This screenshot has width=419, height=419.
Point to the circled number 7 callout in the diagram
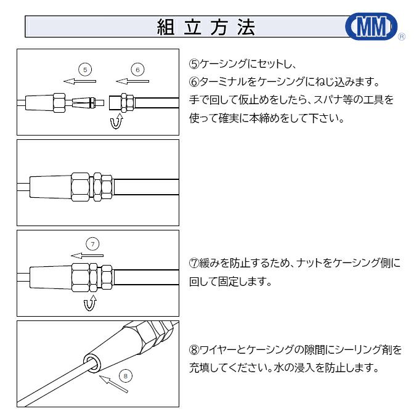[92, 244]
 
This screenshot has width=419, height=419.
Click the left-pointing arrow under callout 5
[80, 81]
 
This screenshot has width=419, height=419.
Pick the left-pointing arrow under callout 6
[132, 81]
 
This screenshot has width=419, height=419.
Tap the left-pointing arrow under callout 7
[86, 255]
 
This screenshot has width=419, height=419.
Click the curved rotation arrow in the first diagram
[115, 122]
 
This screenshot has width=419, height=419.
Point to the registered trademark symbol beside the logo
[402, 37]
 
